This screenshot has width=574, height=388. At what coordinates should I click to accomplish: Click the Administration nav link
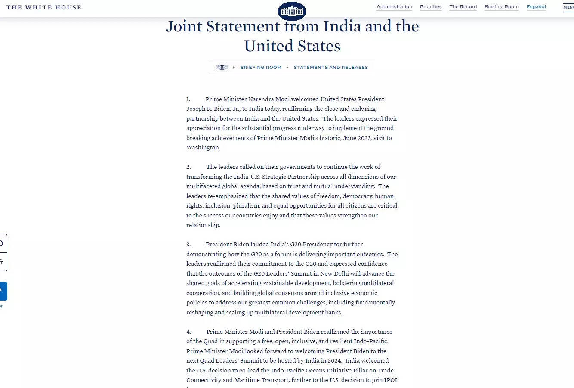[x=394, y=6]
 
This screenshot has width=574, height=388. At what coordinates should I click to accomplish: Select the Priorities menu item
[x=431, y=6]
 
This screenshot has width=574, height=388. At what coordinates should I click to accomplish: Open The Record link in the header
[x=463, y=6]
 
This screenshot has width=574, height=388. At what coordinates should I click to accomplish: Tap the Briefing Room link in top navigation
[x=501, y=6]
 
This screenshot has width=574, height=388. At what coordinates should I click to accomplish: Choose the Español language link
[x=536, y=6]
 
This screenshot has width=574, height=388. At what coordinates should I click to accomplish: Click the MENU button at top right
[x=568, y=7]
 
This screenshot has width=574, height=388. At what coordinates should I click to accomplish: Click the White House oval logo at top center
[x=292, y=11]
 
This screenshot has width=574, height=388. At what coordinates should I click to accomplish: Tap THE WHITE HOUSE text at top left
[x=44, y=7]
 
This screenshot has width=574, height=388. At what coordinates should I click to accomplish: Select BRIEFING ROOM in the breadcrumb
[x=261, y=68]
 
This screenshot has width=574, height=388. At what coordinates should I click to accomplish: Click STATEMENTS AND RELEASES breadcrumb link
[x=331, y=68]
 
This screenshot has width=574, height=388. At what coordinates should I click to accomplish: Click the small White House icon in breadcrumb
[x=222, y=67]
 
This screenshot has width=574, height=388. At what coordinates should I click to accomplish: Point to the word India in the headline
[x=342, y=26]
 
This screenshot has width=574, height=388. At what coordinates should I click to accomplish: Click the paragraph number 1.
[x=188, y=99]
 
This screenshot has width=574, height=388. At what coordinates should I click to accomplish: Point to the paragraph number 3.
[x=188, y=245]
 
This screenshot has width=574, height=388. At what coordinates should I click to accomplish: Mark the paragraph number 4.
[x=188, y=332]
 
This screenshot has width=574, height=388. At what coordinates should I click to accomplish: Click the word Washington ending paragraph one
[x=203, y=148]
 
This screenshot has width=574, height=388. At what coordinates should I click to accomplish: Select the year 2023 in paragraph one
[x=364, y=138]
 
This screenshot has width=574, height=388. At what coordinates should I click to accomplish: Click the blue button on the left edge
[x=3, y=291]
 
